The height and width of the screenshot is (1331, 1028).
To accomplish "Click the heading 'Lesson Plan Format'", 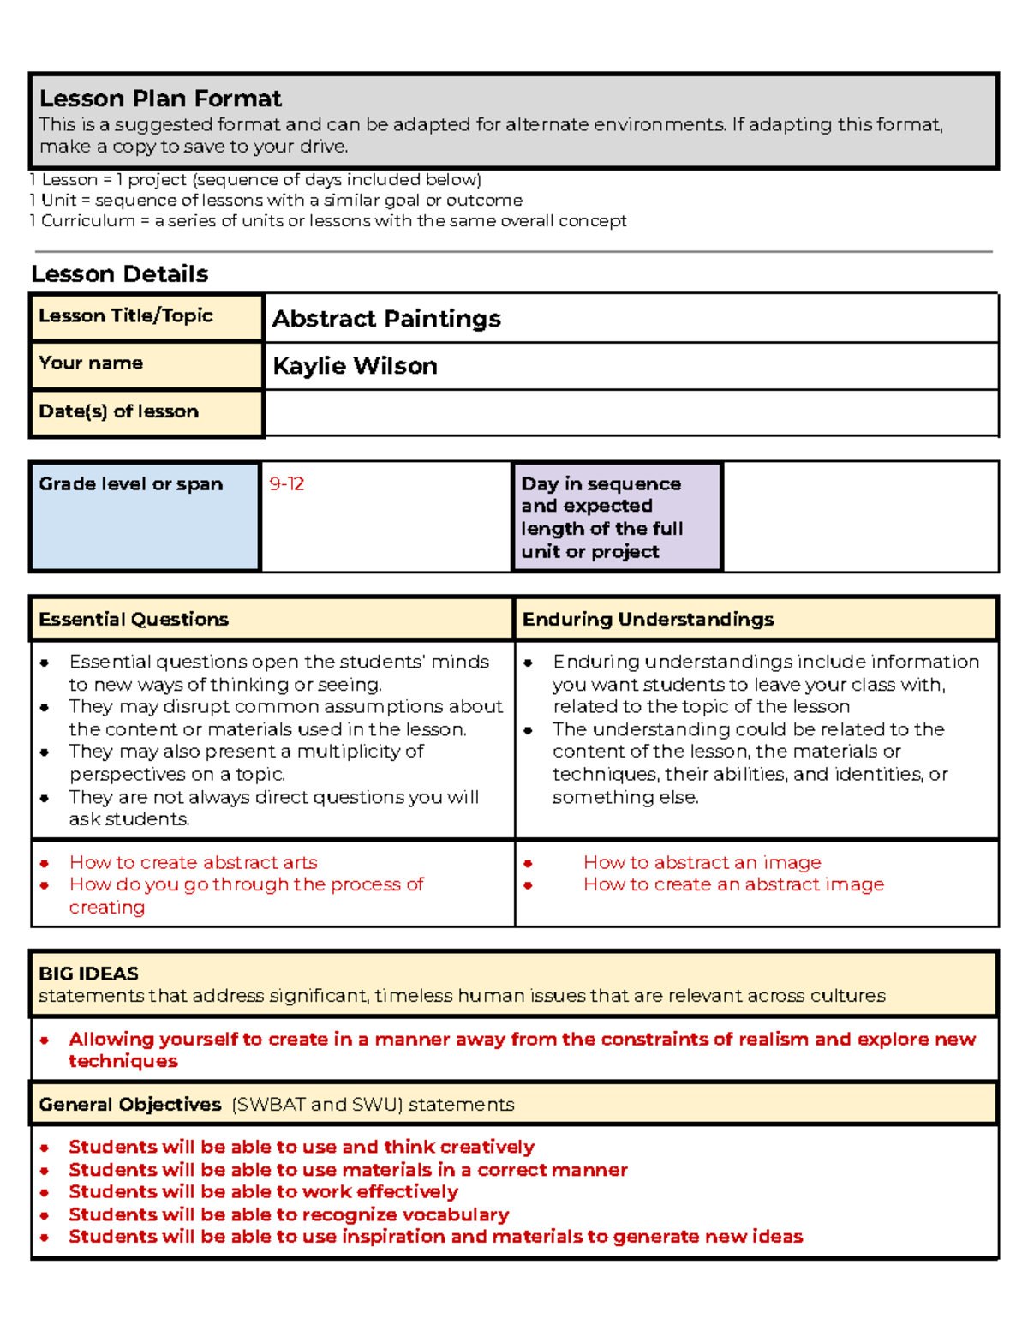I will point(160,99).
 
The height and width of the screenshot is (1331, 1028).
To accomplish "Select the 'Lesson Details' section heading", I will point(120,274).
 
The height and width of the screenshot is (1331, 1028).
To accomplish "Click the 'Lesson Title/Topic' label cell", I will point(125,315).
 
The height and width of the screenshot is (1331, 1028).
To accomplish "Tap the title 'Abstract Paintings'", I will point(386,319).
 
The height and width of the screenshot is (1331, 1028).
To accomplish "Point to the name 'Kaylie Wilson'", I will point(355,366).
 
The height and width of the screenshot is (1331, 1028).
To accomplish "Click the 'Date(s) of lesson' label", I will point(118,411).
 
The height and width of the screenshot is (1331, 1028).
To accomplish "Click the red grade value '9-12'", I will point(286,484).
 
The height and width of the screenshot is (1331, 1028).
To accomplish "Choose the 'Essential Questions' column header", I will point(134,620).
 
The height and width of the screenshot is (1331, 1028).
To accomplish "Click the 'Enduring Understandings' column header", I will point(648,620).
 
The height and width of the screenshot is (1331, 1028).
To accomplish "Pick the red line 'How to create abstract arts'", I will point(193,862).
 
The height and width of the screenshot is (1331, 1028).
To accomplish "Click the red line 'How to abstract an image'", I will point(702,862).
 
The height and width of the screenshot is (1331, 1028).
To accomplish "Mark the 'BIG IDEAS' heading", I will point(88,974).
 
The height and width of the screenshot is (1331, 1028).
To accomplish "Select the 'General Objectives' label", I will point(129,1105).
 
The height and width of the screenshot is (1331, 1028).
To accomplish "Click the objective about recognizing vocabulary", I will point(289,1214).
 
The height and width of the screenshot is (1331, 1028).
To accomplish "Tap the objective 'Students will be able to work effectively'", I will point(263,1192).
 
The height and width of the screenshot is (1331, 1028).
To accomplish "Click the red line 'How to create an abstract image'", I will point(733,884).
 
